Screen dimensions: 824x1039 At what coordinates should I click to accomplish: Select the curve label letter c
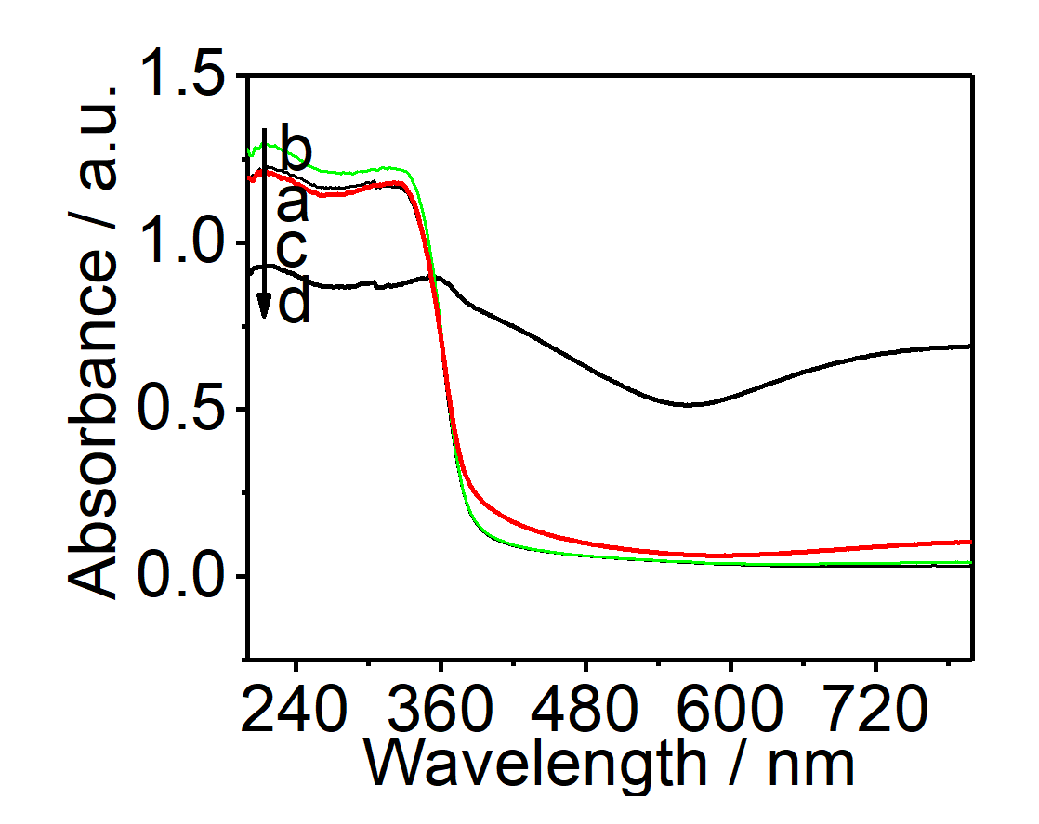(x=293, y=249)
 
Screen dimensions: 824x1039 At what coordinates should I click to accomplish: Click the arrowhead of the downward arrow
(x=264, y=306)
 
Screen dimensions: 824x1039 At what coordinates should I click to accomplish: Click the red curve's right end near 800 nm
(x=968, y=542)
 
